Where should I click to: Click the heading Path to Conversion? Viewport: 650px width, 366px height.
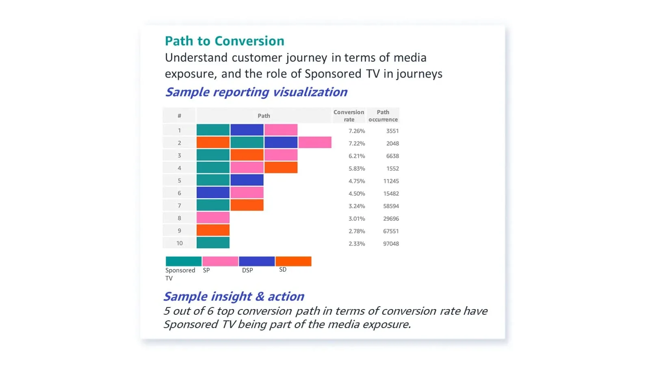[x=224, y=41]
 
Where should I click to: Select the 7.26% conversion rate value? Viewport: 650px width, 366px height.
[x=357, y=131]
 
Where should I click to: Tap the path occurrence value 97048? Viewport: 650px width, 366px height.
[x=391, y=244]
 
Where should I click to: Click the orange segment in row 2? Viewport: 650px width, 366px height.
[x=213, y=142]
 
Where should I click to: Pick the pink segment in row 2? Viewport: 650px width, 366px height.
[x=315, y=142]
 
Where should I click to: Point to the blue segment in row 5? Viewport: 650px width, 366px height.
[x=247, y=180]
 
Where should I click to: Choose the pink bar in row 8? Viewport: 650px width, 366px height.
[x=213, y=218]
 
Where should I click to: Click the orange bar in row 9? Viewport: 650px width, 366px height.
[x=213, y=230]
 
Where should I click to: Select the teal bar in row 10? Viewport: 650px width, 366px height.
[x=213, y=243]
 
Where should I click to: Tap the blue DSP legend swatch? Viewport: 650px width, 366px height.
[x=257, y=261]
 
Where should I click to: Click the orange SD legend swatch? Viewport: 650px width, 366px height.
[x=293, y=261]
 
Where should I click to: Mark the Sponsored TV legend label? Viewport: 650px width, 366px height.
[x=180, y=274]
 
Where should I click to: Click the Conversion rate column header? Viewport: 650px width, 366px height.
[x=349, y=115]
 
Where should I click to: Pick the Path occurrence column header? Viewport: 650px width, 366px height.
[x=383, y=115]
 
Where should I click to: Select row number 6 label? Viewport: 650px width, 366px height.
[x=179, y=193]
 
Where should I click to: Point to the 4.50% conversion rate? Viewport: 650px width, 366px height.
[x=357, y=194]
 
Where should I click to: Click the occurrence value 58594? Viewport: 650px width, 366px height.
[x=391, y=206]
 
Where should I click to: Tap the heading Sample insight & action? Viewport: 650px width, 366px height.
[x=234, y=296]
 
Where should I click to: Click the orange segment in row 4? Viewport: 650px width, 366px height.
[x=281, y=168]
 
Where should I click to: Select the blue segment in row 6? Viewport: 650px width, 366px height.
[x=213, y=192]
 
